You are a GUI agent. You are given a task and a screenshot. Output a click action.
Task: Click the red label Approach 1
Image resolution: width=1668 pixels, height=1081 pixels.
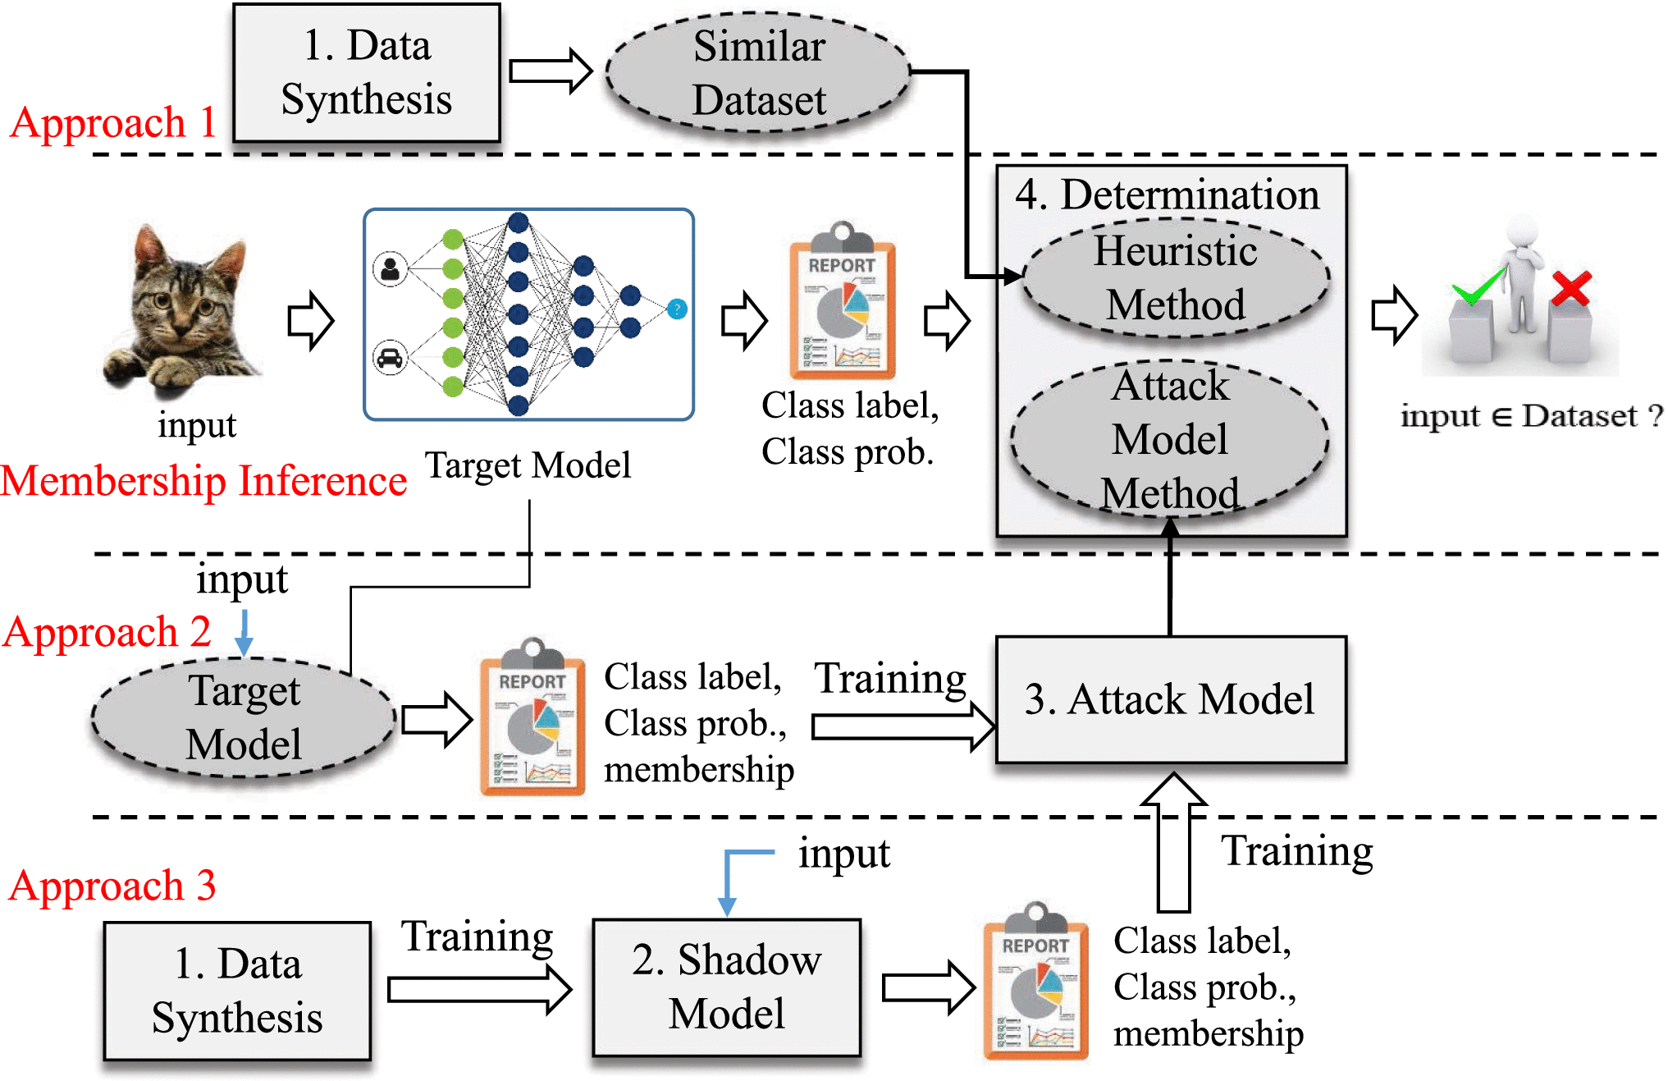(113, 123)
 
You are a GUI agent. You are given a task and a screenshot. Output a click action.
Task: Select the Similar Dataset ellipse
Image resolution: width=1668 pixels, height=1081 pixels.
(758, 73)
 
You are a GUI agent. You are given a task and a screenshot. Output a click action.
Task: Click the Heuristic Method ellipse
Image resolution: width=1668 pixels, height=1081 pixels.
(1175, 277)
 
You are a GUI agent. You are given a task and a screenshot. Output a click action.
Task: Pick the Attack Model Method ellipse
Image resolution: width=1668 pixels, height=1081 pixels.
(1170, 439)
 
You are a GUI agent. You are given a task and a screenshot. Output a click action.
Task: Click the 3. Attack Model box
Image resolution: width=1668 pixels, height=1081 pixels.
(1170, 699)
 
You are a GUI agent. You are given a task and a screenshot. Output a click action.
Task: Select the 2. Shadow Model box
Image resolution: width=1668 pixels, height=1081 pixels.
(726, 987)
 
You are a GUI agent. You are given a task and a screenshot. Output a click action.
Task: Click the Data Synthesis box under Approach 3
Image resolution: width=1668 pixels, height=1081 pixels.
(237, 990)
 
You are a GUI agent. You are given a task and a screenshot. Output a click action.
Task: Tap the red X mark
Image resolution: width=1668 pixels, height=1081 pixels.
(1570, 289)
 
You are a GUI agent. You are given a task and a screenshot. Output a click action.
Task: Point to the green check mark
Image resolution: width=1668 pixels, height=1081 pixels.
(1478, 287)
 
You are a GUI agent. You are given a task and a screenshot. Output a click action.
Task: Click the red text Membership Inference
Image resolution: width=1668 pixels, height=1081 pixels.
(203, 481)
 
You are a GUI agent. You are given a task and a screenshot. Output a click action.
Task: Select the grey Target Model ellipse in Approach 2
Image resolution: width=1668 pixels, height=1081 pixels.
(244, 718)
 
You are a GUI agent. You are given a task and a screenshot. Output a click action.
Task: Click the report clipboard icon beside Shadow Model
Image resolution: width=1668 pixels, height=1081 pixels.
(1035, 982)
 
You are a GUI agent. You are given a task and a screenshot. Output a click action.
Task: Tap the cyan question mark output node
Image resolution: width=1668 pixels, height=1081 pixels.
(677, 309)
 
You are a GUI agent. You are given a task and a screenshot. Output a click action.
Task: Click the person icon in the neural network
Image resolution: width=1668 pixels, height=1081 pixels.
(391, 268)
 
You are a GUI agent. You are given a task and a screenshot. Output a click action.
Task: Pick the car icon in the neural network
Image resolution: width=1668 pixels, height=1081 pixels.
(391, 359)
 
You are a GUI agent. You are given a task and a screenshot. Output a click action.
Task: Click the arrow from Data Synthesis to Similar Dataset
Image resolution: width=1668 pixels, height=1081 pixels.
(551, 71)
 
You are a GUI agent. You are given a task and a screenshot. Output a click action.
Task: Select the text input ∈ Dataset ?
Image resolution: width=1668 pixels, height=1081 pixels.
(1531, 416)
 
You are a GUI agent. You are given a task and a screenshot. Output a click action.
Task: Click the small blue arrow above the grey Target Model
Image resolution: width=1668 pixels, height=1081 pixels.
(244, 633)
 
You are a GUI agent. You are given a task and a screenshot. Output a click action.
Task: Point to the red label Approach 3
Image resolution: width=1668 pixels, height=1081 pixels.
(112, 886)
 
